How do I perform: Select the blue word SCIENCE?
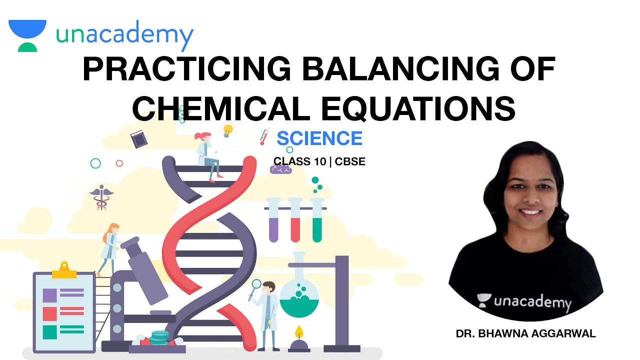[x=319, y=138]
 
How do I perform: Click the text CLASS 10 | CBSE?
[x=319, y=161]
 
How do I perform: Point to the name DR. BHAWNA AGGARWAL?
[x=526, y=334]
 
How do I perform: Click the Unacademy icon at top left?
[x=27, y=35]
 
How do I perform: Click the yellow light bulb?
[x=228, y=130]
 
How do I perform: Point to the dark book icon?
[x=139, y=139]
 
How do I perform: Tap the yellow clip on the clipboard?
[x=63, y=270]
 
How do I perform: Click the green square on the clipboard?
[x=49, y=332]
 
